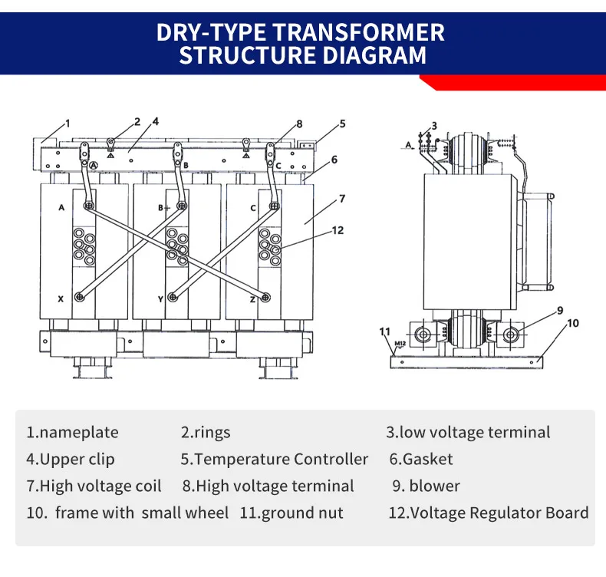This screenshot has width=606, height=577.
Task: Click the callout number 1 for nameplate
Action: click(x=68, y=123)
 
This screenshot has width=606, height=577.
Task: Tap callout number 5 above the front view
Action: click(x=343, y=123)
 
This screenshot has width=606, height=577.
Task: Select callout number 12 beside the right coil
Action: click(x=338, y=229)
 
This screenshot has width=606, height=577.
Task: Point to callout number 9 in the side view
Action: click(x=560, y=310)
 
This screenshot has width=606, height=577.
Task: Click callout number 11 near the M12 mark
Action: click(x=384, y=331)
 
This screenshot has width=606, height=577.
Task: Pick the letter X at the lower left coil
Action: click(x=61, y=298)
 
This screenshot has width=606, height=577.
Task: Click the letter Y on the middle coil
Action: click(x=160, y=299)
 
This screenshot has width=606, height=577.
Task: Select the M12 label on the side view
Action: click(x=400, y=343)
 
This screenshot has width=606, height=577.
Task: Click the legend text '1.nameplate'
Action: click(x=73, y=433)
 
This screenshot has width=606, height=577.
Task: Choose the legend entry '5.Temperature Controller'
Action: click(x=274, y=460)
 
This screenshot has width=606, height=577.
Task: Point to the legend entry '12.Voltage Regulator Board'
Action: click(x=489, y=513)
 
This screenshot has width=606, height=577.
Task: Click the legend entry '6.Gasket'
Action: click(x=421, y=460)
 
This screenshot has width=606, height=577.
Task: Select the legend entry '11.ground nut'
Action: click(x=291, y=513)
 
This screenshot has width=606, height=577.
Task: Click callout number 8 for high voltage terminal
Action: click(x=299, y=124)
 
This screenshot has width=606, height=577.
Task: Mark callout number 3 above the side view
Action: click(x=433, y=126)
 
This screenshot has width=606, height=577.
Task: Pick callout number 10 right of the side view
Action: click(x=573, y=323)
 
